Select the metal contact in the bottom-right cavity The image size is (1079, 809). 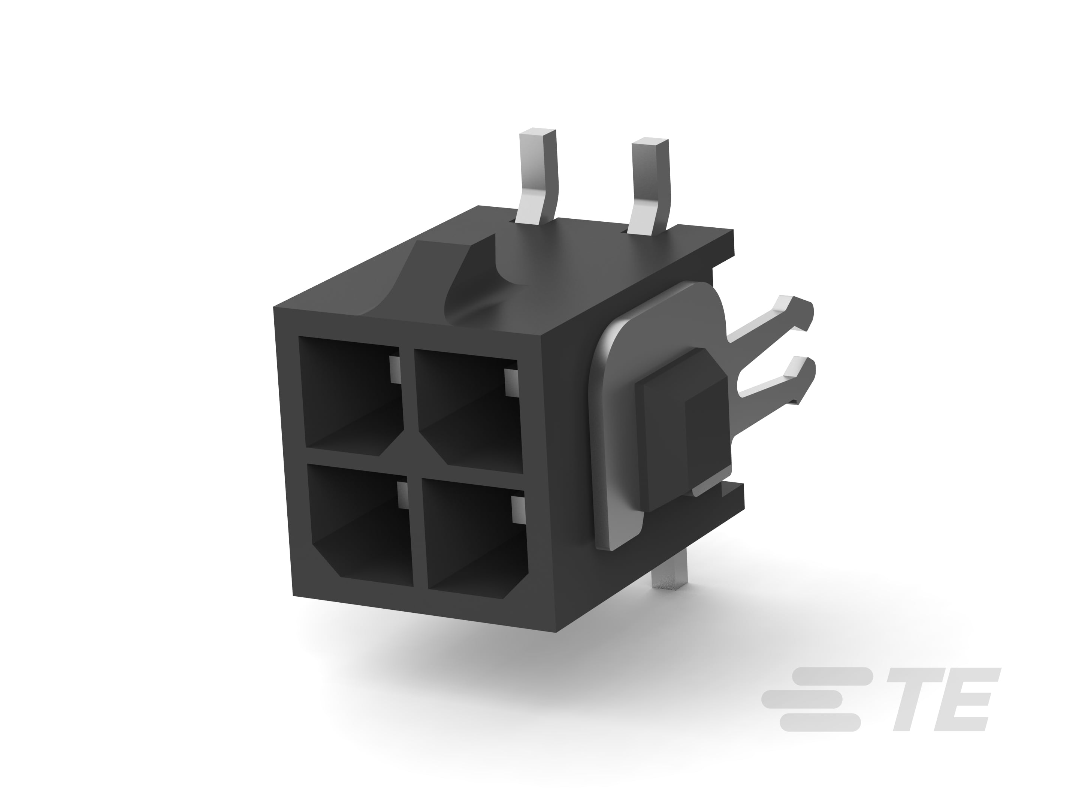click(517, 510)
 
